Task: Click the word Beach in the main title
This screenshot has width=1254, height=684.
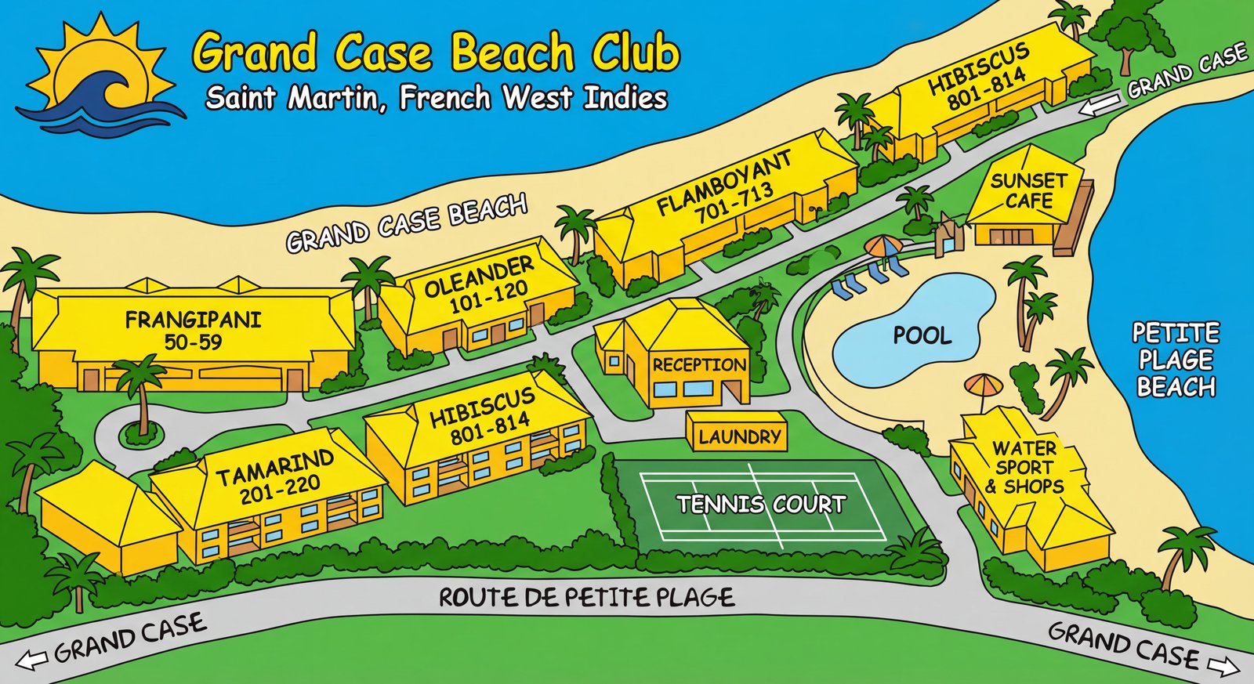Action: point(513,53)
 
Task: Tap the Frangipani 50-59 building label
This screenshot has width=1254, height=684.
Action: point(193,330)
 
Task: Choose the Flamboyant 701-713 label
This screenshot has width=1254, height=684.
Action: point(726,188)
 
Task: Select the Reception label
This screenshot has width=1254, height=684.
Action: point(699,365)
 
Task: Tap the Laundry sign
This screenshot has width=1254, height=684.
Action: point(739,436)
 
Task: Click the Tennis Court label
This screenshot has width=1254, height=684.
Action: point(761,503)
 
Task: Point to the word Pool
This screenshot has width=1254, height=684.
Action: point(922,336)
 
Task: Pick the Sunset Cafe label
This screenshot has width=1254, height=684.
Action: point(1028,190)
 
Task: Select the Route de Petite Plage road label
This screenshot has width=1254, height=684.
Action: point(586,599)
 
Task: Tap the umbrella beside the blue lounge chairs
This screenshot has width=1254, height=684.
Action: point(883,248)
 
